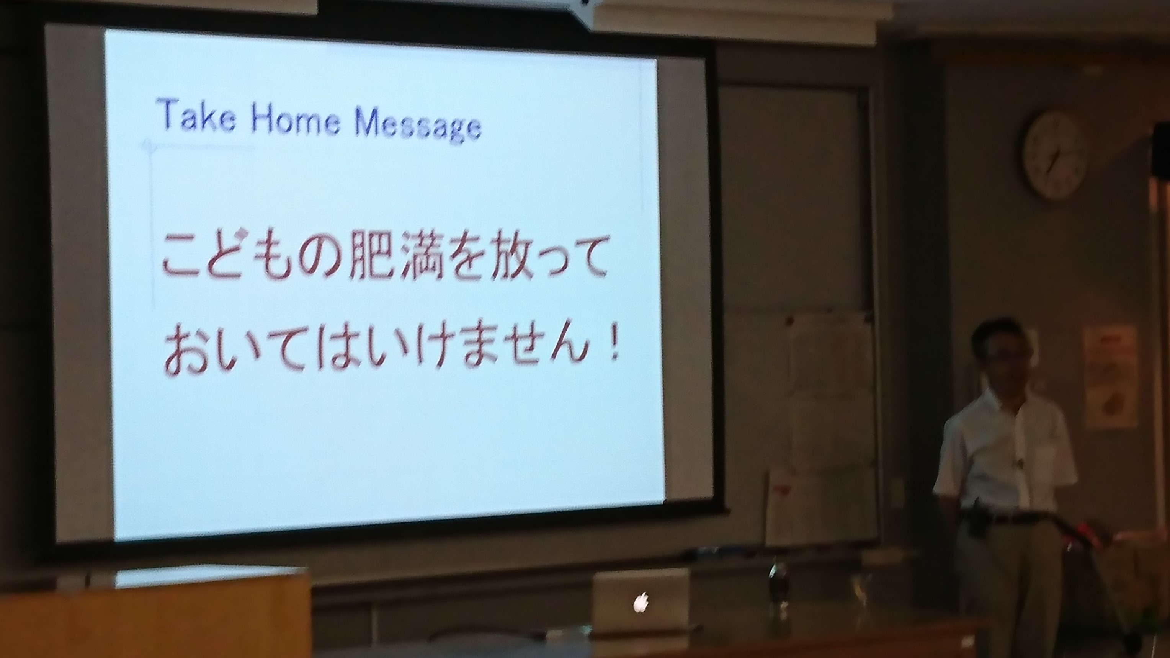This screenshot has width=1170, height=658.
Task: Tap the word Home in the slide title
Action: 296,119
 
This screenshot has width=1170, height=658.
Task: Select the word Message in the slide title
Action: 418,124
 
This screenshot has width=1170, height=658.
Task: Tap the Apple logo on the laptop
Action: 641,602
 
